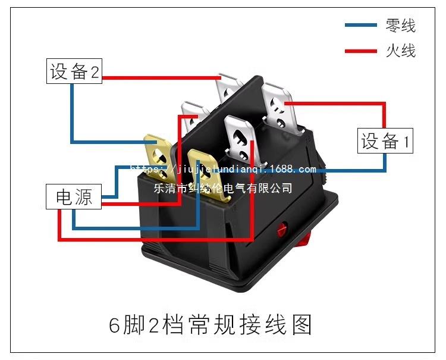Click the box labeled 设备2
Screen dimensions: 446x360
tap(74, 71)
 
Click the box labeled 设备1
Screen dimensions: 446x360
tap(385, 141)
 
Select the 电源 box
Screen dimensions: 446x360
tap(74, 196)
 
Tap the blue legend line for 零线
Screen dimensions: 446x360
tap(361, 25)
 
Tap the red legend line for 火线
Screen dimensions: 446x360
tap(361, 51)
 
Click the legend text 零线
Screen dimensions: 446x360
tap(400, 26)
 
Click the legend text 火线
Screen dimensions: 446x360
tap(400, 51)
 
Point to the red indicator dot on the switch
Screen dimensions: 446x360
tap(282, 228)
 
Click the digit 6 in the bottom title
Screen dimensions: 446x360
tap(114, 325)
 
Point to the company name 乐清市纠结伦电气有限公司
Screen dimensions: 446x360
tap(223, 188)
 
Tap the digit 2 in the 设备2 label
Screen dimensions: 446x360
tap(95, 71)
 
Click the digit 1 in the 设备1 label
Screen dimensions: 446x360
tap(407, 141)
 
